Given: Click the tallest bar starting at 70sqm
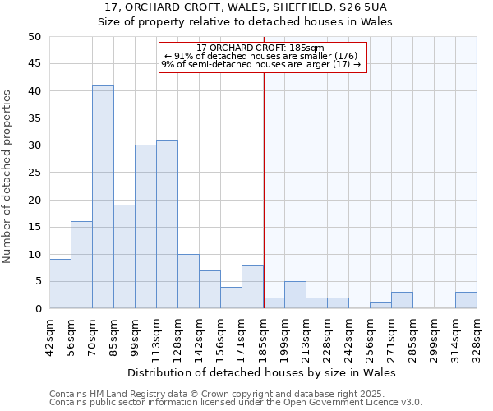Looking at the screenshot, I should pyautogui.click(x=103, y=197).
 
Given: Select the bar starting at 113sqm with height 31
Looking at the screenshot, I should pyautogui.click(x=167, y=224).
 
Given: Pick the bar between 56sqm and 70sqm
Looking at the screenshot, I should pyautogui.click(x=81, y=265).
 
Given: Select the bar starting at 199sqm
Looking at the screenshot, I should pyautogui.click(x=295, y=295).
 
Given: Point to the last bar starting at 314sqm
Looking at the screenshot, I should pyautogui.click(x=466, y=300).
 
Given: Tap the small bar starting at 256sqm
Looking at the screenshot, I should pyautogui.click(x=380, y=306).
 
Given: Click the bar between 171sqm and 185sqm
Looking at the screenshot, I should pyautogui.click(x=252, y=287).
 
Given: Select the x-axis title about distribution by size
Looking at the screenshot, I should pyautogui.click(x=263, y=373).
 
